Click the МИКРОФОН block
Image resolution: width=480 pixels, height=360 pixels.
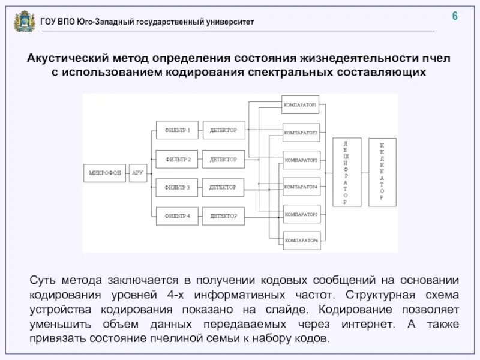(105, 173)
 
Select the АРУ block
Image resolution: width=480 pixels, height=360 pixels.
(137, 173)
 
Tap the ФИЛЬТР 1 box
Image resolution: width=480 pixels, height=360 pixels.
(177, 130)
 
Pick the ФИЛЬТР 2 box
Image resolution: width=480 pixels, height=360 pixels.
(177, 159)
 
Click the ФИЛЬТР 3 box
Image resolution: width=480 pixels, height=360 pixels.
(177, 188)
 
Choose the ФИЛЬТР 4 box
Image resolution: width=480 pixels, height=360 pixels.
(177, 216)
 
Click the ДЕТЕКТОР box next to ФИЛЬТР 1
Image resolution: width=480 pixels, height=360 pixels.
(223, 130)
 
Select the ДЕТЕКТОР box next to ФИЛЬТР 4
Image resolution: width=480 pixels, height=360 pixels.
(223, 216)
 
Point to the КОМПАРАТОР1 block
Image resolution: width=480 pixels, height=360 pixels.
(300, 104)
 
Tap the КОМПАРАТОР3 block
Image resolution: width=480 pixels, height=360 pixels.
(300, 160)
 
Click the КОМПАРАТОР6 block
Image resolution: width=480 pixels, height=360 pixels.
(300, 241)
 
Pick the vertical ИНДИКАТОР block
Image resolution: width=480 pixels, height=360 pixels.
(382, 173)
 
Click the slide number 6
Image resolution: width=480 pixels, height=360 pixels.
(455, 16)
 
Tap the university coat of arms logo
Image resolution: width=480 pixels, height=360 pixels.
(24, 22)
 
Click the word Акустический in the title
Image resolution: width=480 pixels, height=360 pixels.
(67, 59)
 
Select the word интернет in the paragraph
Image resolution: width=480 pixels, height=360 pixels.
(356, 325)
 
